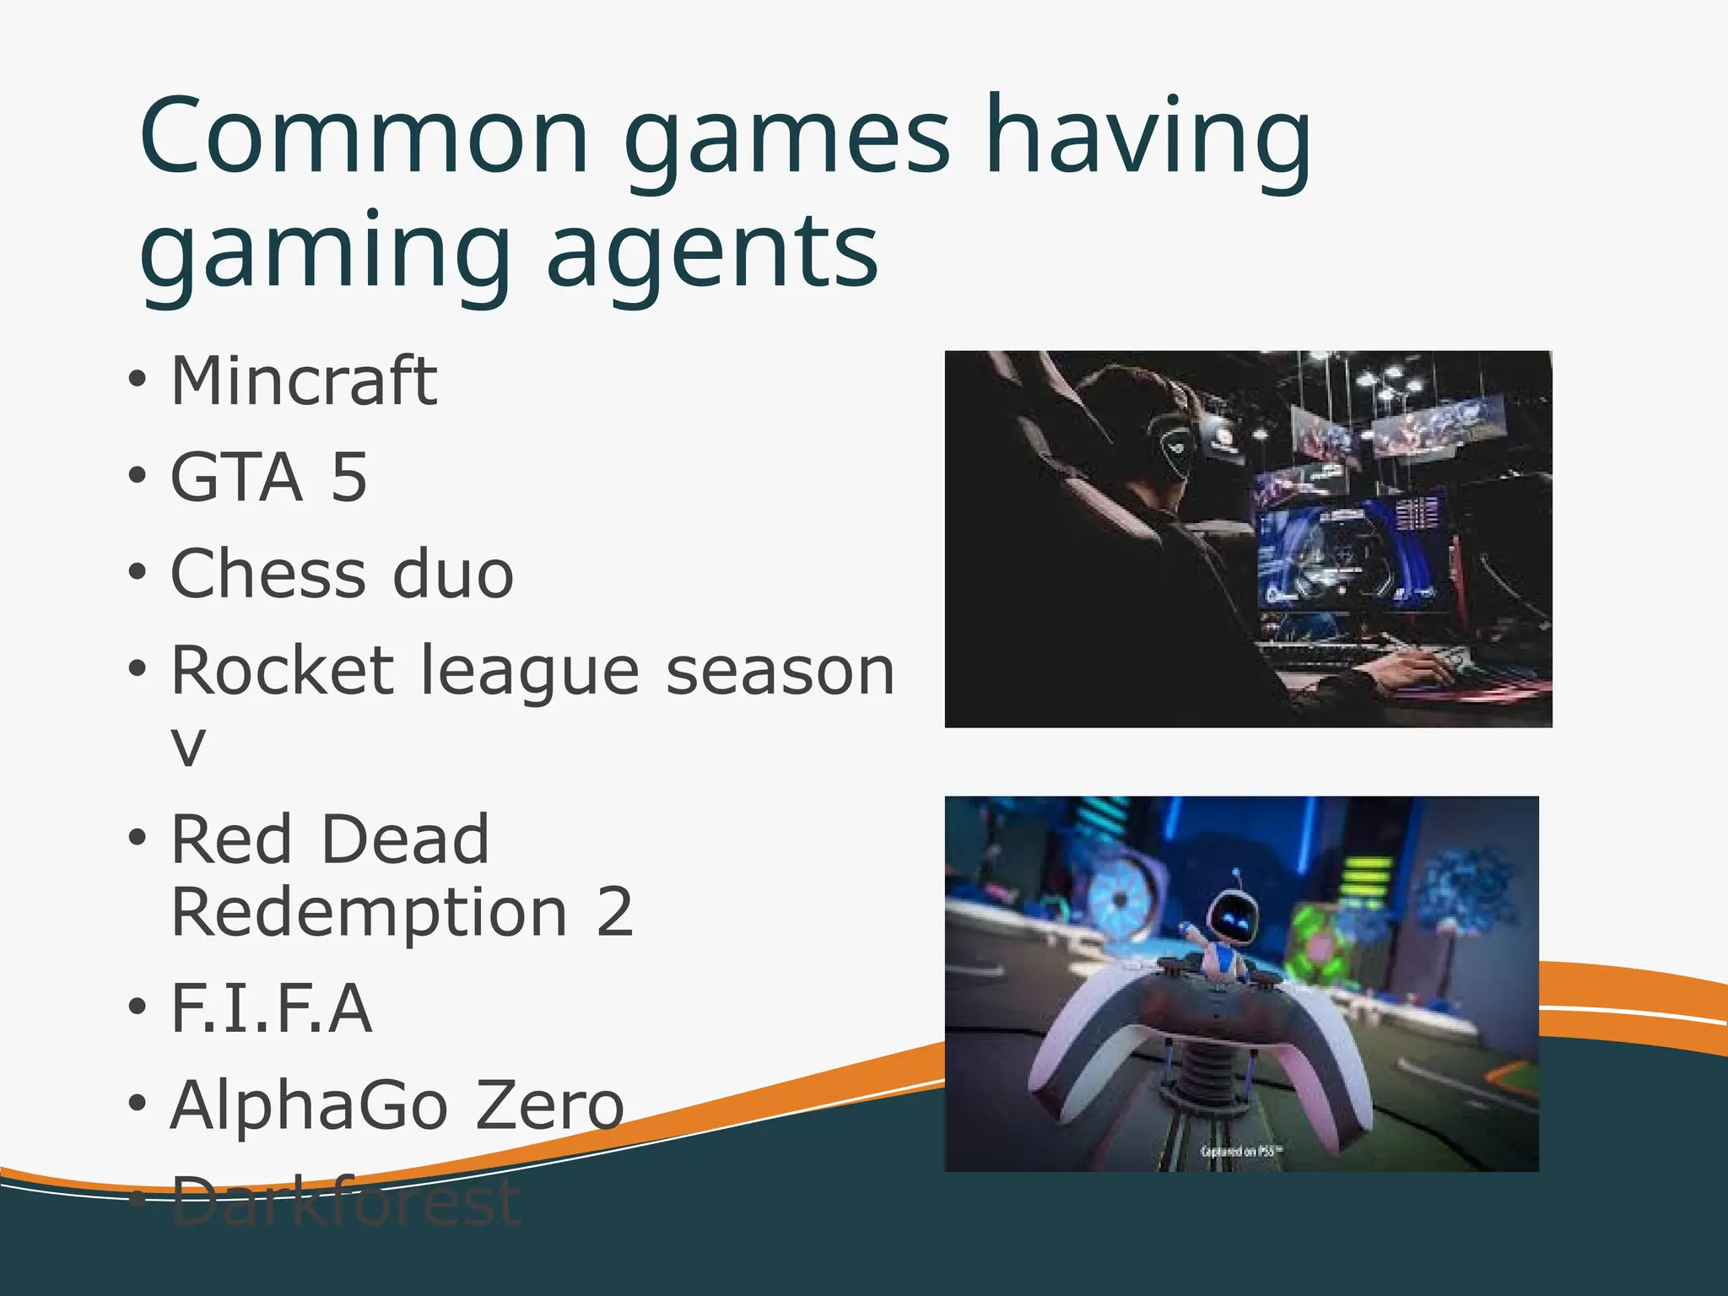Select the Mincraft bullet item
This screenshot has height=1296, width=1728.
(x=304, y=381)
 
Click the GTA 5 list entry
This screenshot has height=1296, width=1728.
(x=269, y=478)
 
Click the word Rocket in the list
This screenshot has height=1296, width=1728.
(x=283, y=671)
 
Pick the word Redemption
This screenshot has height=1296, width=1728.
(x=370, y=912)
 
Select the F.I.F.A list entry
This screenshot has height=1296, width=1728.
(x=271, y=1007)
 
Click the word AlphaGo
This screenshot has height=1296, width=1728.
(x=308, y=1105)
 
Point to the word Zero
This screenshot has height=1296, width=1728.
(x=549, y=1105)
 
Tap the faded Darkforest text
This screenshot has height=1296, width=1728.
(x=346, y=1201)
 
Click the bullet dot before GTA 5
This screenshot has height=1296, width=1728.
(x=138, y=478)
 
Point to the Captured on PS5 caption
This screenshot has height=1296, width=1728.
(x=1241, y=1151)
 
